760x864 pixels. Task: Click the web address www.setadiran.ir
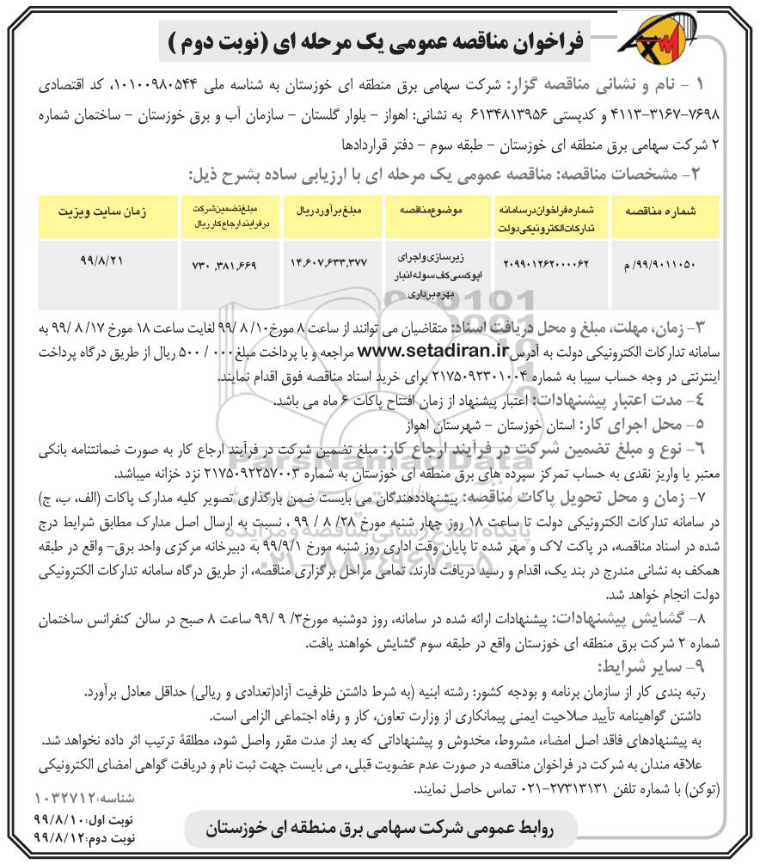point(428,352)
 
